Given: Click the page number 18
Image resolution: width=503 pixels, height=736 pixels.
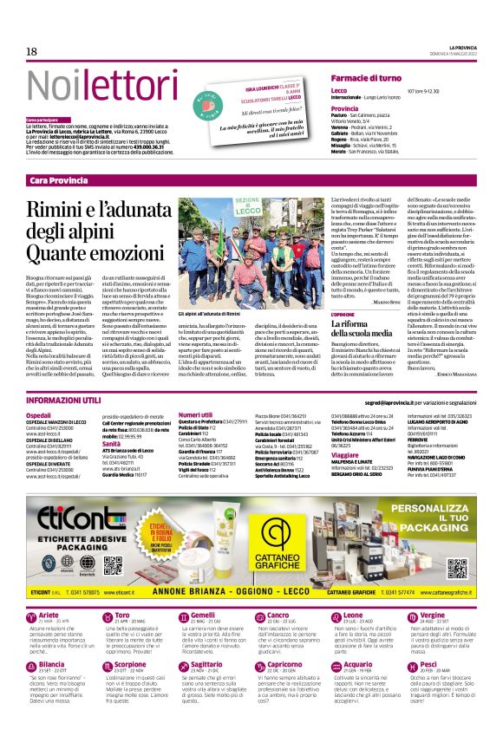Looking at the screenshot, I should coord(32,53).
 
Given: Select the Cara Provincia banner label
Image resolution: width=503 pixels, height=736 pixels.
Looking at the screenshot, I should coord(58,179).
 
